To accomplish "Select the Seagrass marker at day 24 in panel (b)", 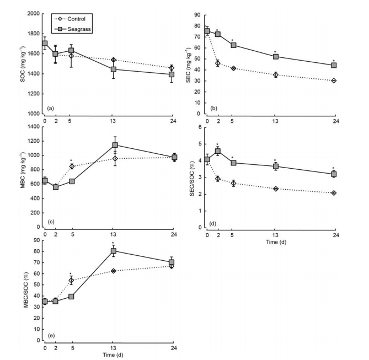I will [x=334, y=65].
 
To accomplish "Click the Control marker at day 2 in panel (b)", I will [x=217, y=63].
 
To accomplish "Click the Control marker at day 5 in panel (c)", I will [x=72, y=166].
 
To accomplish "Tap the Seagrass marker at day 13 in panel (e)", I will [x=114, y=251].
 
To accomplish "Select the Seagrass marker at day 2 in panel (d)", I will [x=217, y=151].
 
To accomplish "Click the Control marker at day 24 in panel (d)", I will [x=334, y=193].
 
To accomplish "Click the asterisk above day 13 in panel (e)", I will [x=113, y=243].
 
